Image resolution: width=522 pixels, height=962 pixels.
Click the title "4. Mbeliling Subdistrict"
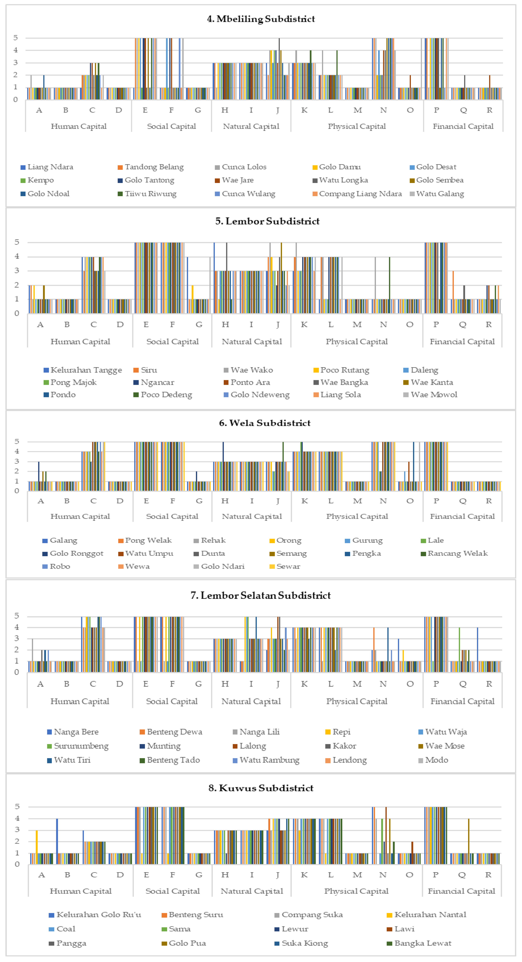tap(261, 19)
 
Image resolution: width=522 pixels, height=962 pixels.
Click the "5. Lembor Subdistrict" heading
tap(267, 221)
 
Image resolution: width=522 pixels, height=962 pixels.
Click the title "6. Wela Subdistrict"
tap(265, 423)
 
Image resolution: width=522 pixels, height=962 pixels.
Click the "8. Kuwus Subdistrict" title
tap(261, 788)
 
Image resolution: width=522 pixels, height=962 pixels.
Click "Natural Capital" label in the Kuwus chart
tap(252, 891)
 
